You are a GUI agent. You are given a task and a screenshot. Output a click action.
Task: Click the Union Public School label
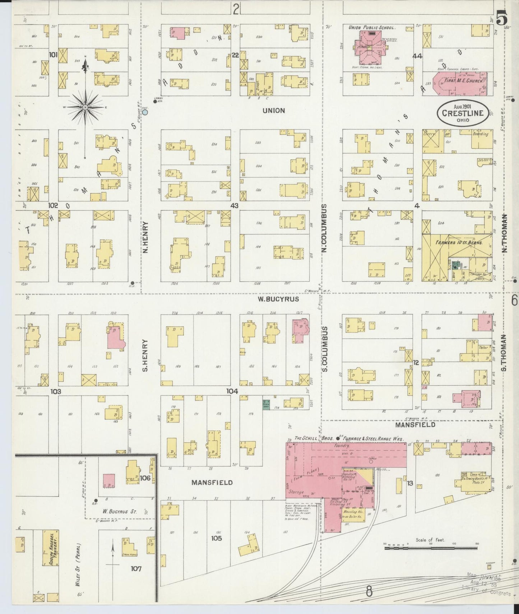coord(372,27)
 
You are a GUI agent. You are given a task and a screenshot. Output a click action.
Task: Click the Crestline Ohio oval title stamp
coord(463,113)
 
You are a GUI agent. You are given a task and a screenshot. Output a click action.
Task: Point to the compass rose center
coord(85,107)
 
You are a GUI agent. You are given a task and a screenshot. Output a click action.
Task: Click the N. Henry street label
coord(145,237)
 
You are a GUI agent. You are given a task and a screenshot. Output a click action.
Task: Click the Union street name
coord(274,110)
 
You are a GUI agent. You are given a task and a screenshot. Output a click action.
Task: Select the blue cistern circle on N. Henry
coord(145,112)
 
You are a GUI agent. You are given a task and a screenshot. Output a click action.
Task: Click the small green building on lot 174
coord(266,405)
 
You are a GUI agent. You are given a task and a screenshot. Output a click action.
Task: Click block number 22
coord(235,55)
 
